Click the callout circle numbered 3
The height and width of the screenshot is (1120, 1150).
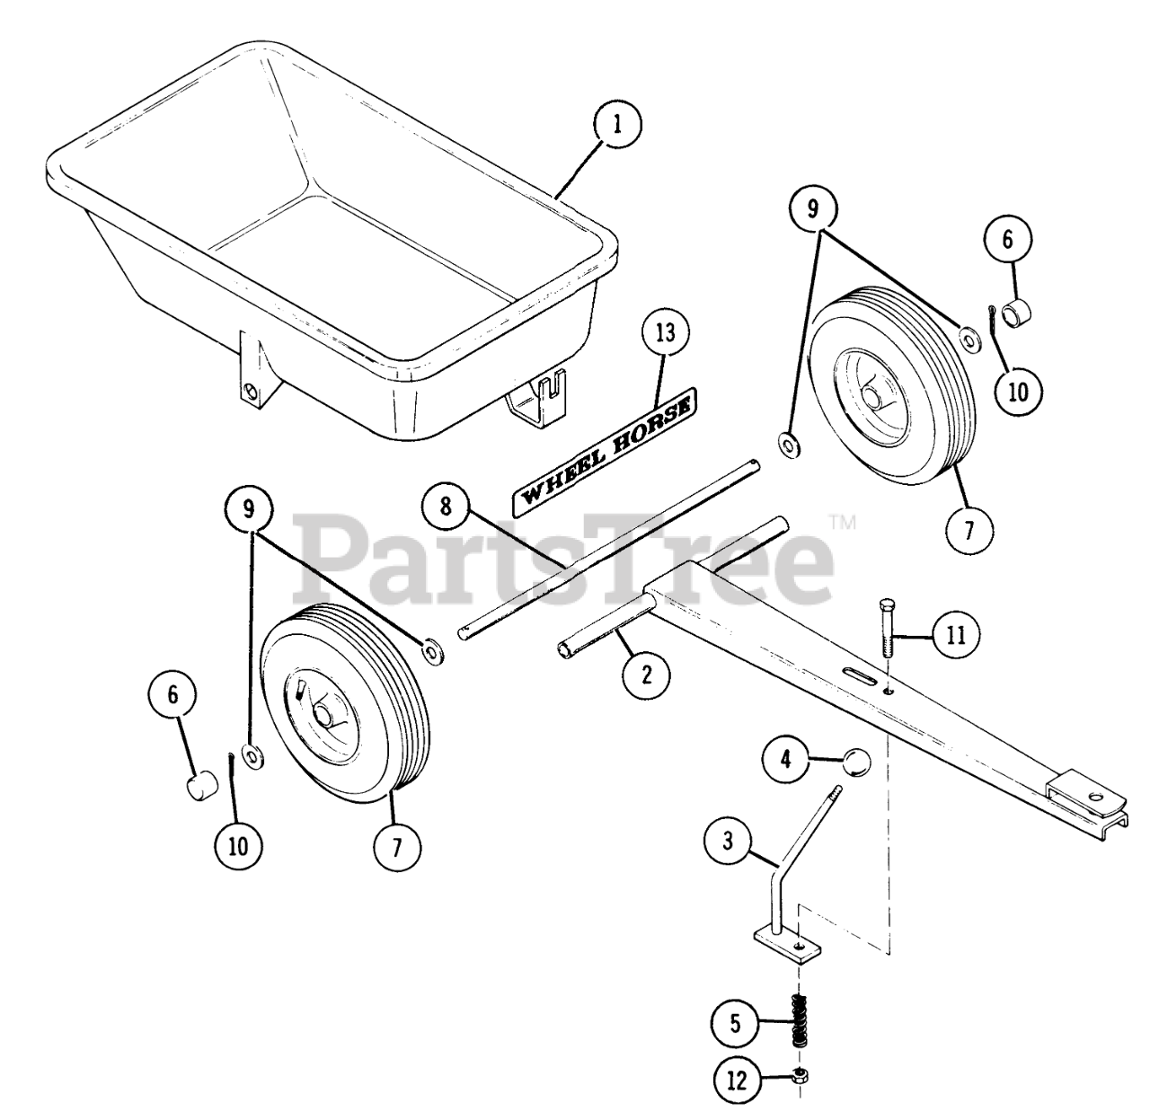point(728,841)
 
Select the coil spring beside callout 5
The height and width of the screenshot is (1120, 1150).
point(798,1019)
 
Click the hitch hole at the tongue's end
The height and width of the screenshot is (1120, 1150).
point(1096,794)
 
